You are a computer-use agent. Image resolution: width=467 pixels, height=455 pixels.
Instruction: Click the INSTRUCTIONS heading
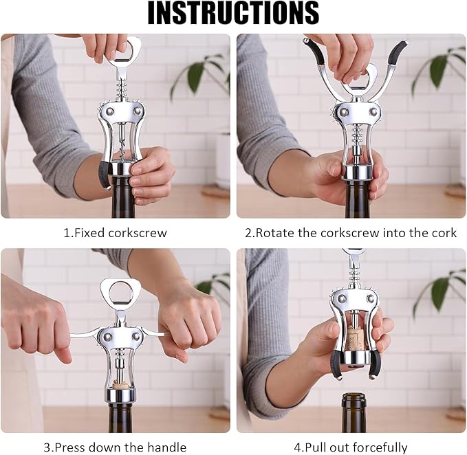click(233, 14)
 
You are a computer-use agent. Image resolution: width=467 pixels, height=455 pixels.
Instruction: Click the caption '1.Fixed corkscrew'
click(115, 233)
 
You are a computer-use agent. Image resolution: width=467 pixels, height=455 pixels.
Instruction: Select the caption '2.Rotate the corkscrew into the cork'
click(351, 233)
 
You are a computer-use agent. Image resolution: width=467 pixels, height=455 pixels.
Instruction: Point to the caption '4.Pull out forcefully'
click(351, 447)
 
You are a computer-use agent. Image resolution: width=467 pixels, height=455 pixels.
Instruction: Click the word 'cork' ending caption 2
click(444, 233)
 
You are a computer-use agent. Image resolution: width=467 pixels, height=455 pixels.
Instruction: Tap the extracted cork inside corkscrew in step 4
click(354, 341)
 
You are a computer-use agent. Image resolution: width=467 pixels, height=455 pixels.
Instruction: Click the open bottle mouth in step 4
click(354, 398)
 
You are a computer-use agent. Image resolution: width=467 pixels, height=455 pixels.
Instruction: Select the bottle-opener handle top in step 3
click(121, 292)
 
